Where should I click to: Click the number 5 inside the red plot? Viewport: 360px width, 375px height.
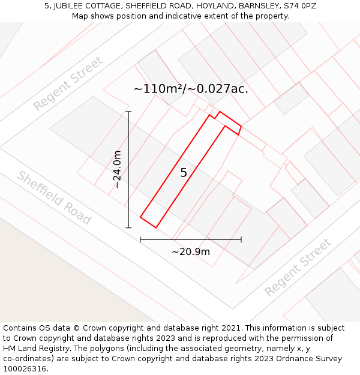(184, 173)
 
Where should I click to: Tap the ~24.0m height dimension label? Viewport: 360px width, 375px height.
(118, 169)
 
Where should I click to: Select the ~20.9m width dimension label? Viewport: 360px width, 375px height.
(191, 251)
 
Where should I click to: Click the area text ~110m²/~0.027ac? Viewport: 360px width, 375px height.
(191, 89)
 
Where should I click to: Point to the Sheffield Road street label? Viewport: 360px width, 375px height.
(54, 197)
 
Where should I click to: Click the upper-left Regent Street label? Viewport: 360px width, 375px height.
(68, 83)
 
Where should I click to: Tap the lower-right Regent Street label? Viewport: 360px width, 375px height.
(298, 267)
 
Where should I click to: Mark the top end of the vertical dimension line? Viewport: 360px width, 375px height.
(128, 112)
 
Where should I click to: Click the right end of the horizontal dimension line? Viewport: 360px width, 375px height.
(241, 239)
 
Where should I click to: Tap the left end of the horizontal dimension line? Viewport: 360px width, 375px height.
(140, 239)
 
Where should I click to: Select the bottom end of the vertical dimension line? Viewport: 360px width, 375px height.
(128, 228)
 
